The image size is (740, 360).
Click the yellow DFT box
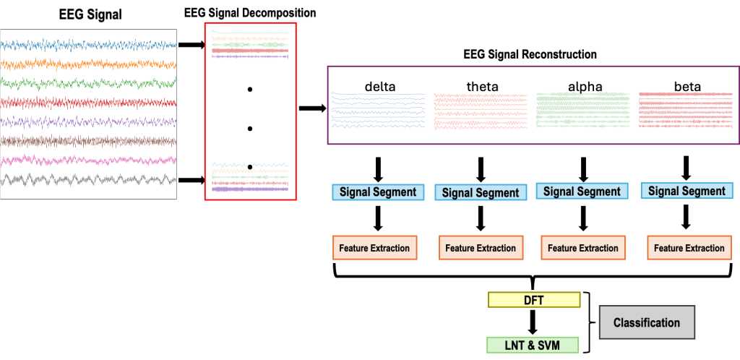pos(534,299)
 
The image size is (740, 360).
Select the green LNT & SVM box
pos(533,345)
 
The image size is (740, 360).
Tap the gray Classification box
pos(647,322)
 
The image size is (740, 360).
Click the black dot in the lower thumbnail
pos(250,167)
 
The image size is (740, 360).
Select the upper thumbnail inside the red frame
pos(250,44)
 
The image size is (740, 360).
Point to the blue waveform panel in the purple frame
pos(377,110)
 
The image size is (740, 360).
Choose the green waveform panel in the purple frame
pos(582,110)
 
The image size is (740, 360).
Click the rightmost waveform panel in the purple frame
pos(685,110)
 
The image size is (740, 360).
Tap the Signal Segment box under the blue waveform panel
pos(378,192)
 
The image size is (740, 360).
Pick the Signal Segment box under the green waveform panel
pos(582,192)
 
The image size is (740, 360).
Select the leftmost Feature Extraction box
pos(376,248)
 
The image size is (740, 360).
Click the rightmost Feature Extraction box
pos(689,248)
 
